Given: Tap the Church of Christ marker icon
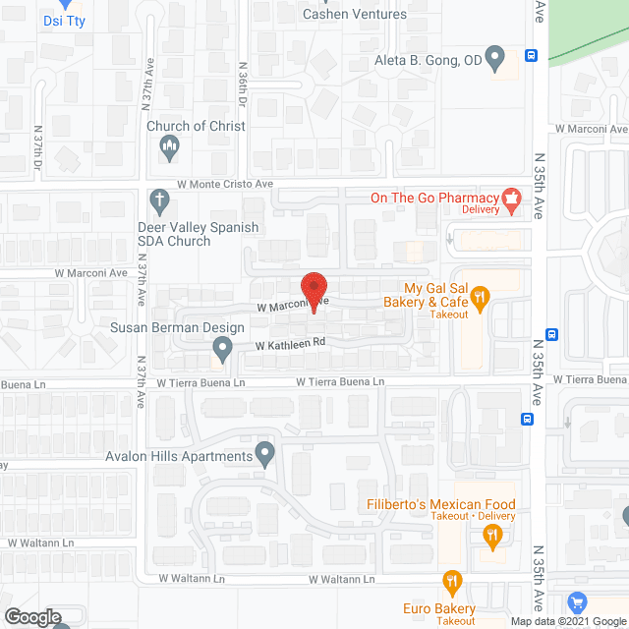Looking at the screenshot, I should click(169, 148).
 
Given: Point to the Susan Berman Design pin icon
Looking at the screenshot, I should click(222, 347).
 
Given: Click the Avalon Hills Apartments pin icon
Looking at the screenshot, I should click(264, 454).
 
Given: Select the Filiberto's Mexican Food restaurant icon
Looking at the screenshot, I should click(492, 536).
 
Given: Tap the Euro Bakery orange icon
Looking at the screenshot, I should click(452, 582).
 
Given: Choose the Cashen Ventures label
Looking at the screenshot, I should click(355, 14).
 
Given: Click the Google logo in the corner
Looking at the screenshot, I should click(30, 616).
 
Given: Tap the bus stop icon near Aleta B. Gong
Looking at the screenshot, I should click(530, 56).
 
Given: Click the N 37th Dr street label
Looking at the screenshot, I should click(38, 145).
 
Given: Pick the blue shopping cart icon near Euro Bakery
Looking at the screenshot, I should click(578, 600).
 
